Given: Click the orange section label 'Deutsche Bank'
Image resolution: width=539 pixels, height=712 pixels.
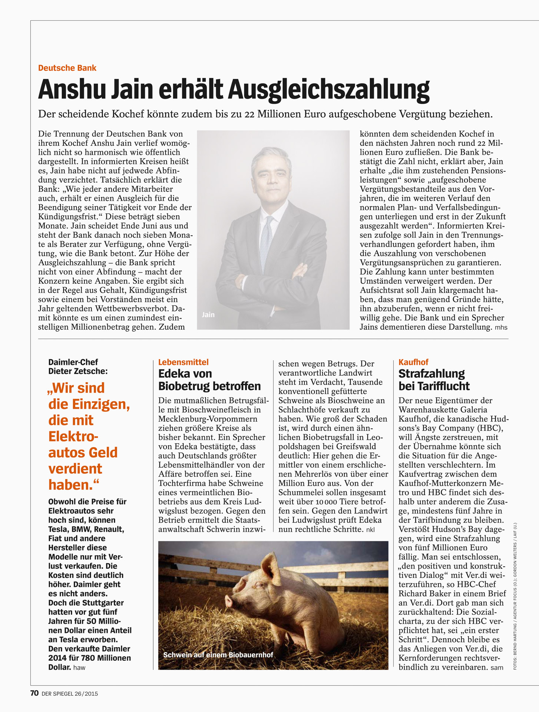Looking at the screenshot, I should [67, 68].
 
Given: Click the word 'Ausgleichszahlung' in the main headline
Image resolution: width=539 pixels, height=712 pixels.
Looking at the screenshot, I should [329, 89].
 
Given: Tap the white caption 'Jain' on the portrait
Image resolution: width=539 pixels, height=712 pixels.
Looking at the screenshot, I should [208, 315].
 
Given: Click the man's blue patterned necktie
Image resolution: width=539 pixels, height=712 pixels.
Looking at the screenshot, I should [266, 241].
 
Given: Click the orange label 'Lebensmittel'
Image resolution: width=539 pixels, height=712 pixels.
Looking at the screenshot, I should [183, 362].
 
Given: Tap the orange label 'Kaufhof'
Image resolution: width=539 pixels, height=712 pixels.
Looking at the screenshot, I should [413, 362].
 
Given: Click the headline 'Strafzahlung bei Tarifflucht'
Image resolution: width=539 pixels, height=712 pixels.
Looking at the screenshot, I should [434, 380].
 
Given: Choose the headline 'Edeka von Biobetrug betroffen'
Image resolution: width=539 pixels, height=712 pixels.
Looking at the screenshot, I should [209, 380].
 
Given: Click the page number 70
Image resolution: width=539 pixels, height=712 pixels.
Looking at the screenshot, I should [34, 693].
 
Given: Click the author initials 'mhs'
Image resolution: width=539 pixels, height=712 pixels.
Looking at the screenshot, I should [501, 327].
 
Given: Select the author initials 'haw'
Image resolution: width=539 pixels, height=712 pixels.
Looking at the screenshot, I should [79, 667].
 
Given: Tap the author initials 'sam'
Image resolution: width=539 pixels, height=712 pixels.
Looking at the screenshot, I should [497, 667].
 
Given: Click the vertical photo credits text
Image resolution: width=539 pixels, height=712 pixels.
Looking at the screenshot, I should [515, 597].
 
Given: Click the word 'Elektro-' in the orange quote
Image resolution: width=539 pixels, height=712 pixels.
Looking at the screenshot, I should [73, 436].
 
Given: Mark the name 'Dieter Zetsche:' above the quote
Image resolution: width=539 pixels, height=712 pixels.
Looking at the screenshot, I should [78, 371].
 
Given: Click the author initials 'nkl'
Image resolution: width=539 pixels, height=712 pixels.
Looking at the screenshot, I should [370, 530].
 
